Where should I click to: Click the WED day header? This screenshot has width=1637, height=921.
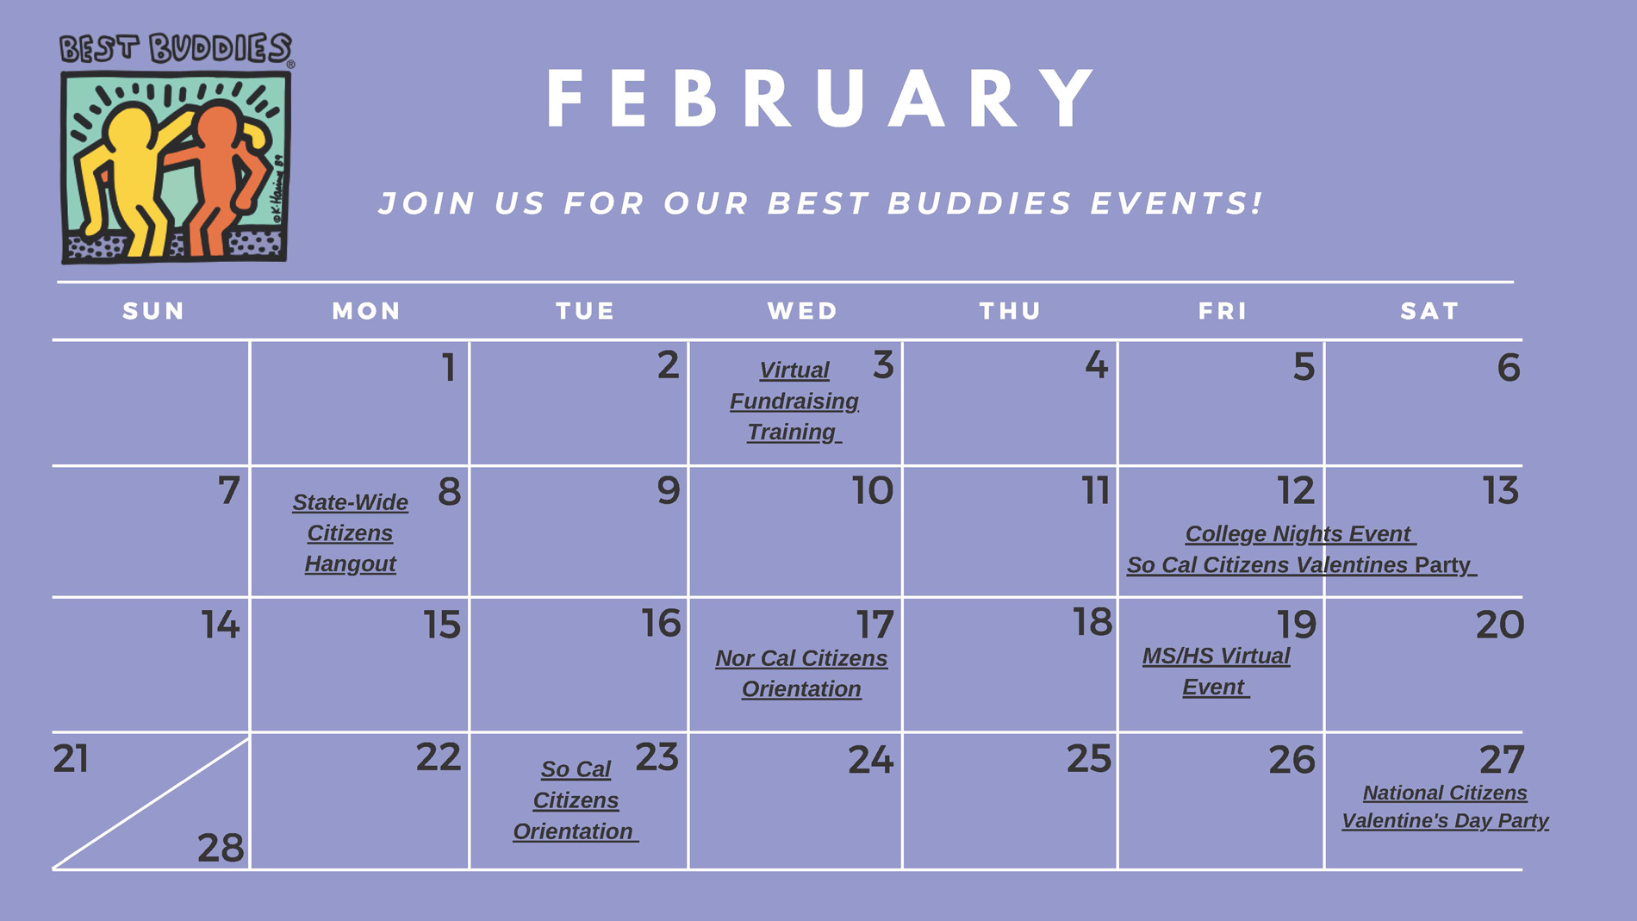(802, 311)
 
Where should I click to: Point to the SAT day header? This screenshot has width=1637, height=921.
(1429, 311)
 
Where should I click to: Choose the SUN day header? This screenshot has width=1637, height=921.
(153, 311)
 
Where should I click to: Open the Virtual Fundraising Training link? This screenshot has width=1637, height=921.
(794, 401)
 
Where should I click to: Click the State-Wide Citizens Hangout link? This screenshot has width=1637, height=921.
(350, 533)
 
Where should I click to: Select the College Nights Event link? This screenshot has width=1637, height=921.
(1300, 534)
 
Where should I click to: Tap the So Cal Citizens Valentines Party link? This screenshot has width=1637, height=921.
(1301, 565)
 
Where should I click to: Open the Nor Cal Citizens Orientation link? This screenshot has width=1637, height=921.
(801, 674)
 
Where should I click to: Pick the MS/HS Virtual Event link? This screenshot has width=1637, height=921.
(1216, 671)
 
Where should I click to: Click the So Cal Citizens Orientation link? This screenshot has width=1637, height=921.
(575, 800)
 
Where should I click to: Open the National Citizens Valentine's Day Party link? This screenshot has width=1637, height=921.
(1445, 806)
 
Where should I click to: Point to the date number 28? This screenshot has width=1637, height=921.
(221, 849)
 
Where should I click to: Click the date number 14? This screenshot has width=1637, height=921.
(221, 625)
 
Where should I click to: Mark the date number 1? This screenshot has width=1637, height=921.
(449, 368)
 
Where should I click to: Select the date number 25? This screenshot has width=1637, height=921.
(1089, 759)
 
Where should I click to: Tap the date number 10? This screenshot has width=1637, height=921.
(873, 491)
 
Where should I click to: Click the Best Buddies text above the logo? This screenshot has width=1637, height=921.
(177, 49)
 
